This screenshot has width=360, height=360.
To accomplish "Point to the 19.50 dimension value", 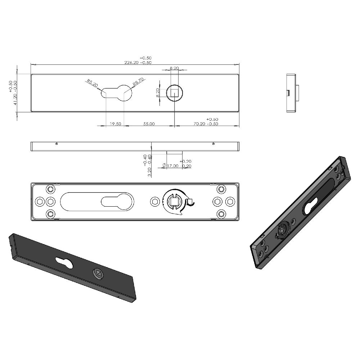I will [115, 124].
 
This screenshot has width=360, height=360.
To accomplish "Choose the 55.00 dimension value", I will [149, 124].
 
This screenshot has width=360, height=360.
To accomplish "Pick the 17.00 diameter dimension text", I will [173, 166].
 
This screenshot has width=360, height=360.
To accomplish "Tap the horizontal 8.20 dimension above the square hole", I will [174, 68].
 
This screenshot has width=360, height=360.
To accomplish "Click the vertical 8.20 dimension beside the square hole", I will [158, 93].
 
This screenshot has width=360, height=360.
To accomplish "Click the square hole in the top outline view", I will [175, 93].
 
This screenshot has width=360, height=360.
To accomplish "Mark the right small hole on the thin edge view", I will [213, 144].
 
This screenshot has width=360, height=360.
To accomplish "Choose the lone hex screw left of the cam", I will [155, 202].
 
